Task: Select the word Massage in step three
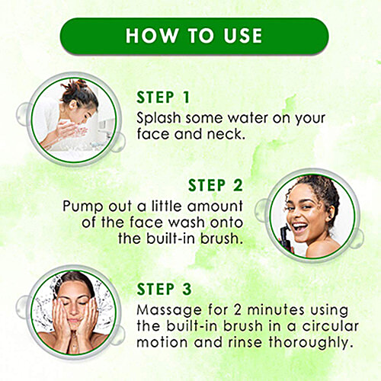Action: pos(168,311)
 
